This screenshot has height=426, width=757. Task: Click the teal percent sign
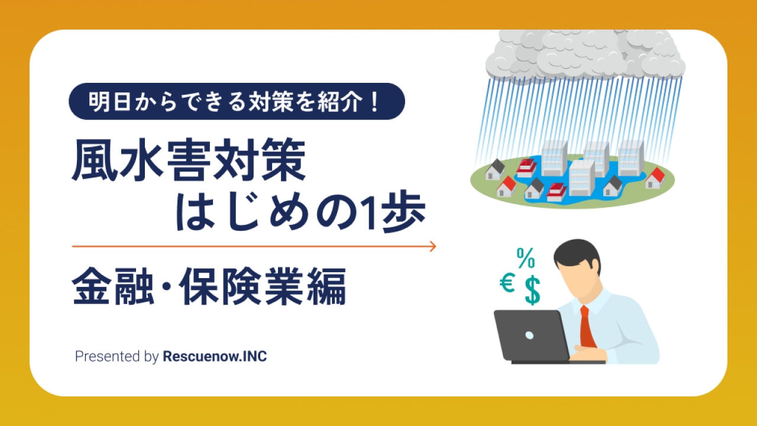point(526,258)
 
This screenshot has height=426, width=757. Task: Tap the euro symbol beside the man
point(507,283)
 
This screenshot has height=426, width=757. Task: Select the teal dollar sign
point(533,291)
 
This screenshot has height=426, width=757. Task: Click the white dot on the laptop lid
point(529,335)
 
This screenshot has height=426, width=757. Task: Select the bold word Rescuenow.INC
point(215,356)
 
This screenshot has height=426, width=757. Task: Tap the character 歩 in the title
point(404,212)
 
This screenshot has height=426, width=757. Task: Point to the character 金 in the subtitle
point(92,286)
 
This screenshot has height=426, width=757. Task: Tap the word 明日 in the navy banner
point(110,102)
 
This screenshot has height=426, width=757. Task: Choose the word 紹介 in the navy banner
point(339,102)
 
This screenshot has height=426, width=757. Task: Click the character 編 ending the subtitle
point(326,286)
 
